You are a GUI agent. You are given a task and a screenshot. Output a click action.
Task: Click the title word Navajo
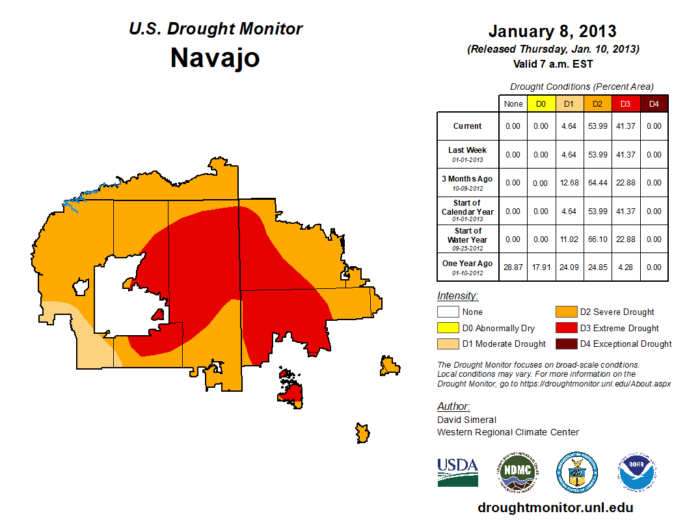click(x=215, y=57)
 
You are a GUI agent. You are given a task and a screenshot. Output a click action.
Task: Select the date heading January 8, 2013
click(x=552, y=31)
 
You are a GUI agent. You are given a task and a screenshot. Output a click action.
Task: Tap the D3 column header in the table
click(x=625, y=103)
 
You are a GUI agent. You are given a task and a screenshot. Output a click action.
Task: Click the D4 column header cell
click(x=653, y=103)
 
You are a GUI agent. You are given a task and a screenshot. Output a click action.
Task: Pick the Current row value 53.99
click(x=597, y=126)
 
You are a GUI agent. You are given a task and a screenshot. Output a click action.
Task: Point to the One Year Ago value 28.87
click(x=513, y=267)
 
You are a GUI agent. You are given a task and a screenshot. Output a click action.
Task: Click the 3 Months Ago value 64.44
click(x=597, y=183)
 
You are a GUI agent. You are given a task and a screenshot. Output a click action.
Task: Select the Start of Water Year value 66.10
click(x=597, y=239)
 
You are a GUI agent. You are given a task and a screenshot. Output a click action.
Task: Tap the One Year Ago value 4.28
click(x=625, y=267)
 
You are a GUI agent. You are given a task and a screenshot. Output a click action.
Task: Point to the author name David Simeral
click(x=466, y=420)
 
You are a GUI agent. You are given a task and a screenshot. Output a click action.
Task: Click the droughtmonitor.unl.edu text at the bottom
click(x=555, y=508)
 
